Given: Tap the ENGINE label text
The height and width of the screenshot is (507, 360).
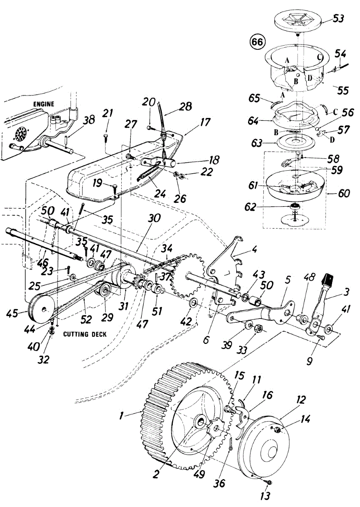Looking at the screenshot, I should (44, 103).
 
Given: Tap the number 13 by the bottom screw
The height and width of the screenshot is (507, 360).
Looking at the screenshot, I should (265, 495).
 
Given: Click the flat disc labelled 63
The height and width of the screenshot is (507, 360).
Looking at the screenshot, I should (295, 142).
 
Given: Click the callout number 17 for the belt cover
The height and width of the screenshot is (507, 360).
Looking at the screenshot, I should (205, 123).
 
